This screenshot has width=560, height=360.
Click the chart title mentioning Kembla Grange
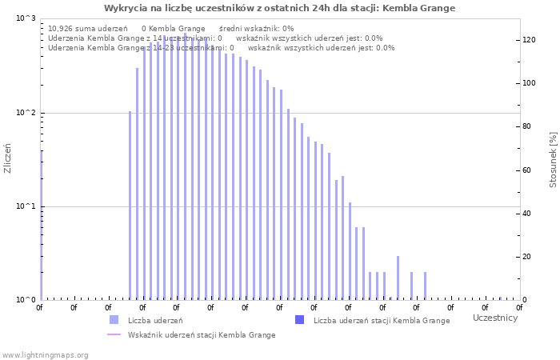[x=279, y=8]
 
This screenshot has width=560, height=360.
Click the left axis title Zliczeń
[x=8, y=158]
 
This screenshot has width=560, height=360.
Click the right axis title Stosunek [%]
[x=553, y=160]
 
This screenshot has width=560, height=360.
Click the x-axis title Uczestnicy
[x=494, y=318]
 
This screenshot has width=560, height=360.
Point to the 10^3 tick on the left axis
[x=26, y=18]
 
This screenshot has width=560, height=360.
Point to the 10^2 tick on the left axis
[x=26, y=113]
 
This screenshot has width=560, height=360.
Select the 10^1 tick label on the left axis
[x=26, y=206]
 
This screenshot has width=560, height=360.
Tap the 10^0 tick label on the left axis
[x=26, y=300]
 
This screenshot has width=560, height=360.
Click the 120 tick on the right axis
[x=529, y=40]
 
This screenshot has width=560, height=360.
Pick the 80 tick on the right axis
[x=527, y=126]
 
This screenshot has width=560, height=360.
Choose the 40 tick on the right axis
[x=527, y=214]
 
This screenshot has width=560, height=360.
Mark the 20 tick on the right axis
[x=527, y=257]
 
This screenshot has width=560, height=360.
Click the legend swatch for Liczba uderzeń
[x=114, y=320]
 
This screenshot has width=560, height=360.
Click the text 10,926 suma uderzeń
[x=82, y=28]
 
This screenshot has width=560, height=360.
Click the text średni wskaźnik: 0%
[x=256, y=28]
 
